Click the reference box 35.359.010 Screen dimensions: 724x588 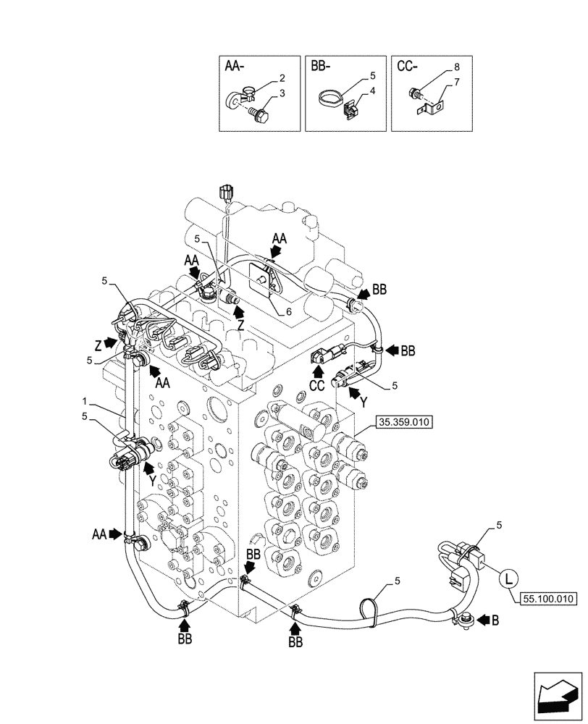pyautogui.click(x=403, y=422)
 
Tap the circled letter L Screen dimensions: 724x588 pyautogui.click(x=509, y=578)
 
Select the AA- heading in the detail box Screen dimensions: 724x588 pyautogui.click(x=235, y=66)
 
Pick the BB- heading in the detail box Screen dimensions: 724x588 pyautogui.click(x=321, y=66)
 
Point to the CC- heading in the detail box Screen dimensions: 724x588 pyautogui.click(x=407, y=66)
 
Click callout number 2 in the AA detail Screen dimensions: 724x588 pyautogui.click(x=282, y=77)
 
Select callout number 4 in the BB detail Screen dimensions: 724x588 pyautogui.click(x=372, y=91)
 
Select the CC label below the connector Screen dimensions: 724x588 pyautogui.click(x=317, y=386)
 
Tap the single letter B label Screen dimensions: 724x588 pyautogui.click(x=495, y=620)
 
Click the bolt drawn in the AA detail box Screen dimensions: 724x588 pyautogui.click(x=260, y=114)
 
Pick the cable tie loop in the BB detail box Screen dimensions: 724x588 pyautogui.click(x=332, y=97)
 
